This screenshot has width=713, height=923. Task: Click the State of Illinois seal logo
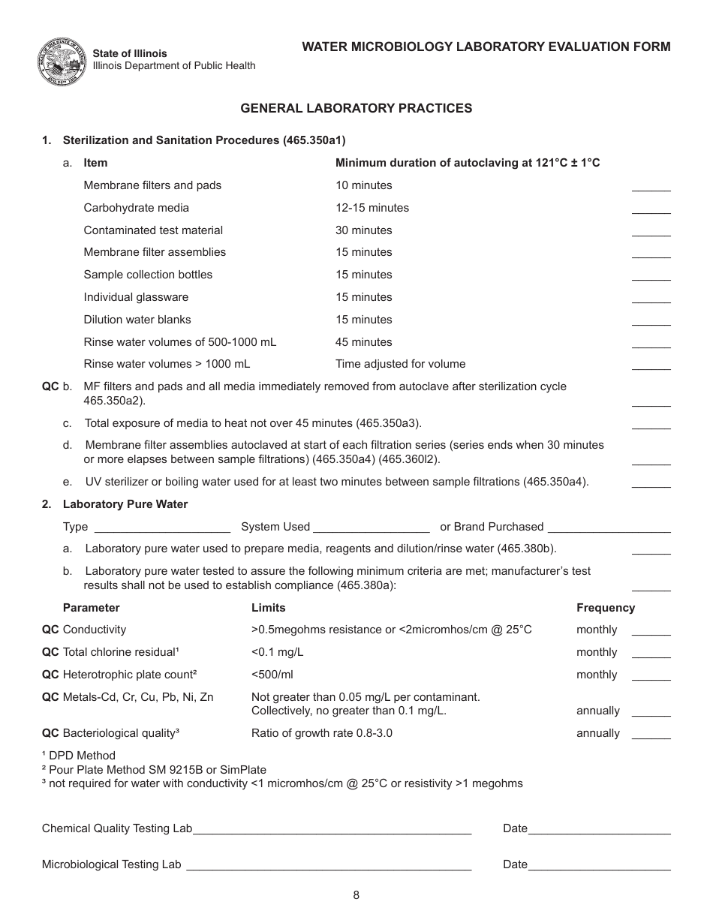click(x=61, y=60)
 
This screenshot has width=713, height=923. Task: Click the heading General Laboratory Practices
click(x=356, y=108)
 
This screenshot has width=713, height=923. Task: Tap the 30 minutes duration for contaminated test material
click(x=363, y=230)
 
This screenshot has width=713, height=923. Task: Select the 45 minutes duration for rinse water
click(x=363, y=342)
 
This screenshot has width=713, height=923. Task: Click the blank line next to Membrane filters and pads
click(x=651, y=189)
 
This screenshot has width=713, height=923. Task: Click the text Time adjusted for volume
click(x=400, y=364)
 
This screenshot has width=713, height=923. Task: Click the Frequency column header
click(x=605, y=608)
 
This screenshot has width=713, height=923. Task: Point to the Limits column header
click(x=268, y=608)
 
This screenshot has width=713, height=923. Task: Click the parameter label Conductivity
click(x=95, y=630)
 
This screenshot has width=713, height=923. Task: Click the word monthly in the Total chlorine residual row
click(x=596, y=652)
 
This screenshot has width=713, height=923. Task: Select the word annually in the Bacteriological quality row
click(x=597, y=733)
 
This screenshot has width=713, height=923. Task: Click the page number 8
click(x=356, y=894)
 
